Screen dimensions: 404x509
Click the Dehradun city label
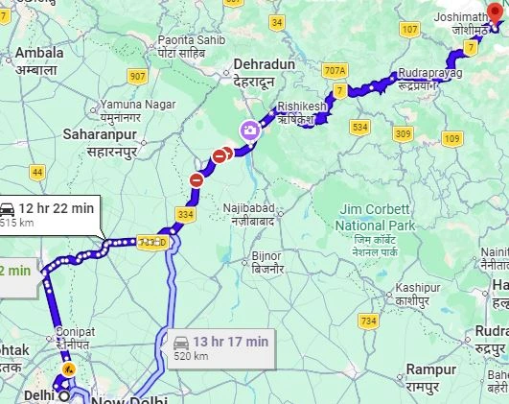[262, 72]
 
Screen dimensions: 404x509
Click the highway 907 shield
[138, 75]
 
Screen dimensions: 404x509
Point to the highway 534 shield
[360, 126]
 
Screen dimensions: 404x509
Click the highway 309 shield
[404, 132]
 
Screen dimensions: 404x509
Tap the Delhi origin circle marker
[63, 395]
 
